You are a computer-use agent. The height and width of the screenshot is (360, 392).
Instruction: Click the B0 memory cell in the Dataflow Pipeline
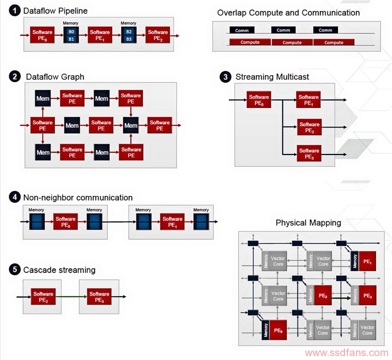point(71,31)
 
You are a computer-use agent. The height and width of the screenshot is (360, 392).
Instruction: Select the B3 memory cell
point(129,39)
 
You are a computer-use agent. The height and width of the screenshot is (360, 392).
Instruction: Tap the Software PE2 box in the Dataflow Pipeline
point(158,35)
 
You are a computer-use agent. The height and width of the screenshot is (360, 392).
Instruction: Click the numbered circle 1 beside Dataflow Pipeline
point(15,11)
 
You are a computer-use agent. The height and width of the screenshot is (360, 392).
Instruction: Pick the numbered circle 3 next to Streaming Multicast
point(225,77)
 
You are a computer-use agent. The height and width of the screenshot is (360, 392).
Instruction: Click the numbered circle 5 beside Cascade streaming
point(15,270)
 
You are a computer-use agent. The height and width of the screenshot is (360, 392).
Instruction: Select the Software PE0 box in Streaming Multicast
point(259,100)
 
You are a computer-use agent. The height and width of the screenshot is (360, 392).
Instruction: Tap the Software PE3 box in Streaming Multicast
point(309,153)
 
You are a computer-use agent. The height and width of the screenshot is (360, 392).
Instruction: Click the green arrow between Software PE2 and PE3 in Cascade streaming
point(71,297)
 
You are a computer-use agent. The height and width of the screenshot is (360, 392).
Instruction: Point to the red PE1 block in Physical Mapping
point(367,261)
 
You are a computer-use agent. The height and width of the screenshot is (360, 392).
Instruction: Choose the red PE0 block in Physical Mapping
point(278,330)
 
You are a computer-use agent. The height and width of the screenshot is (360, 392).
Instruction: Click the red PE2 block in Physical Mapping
point(323,295)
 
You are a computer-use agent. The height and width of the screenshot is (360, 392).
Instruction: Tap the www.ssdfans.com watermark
point(347,353)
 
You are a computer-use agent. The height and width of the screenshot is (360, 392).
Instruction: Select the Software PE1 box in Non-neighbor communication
point(172,222)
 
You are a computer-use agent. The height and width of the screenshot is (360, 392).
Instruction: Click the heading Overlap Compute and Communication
point(289,13)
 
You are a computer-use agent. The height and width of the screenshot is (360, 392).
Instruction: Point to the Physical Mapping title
point(308,223)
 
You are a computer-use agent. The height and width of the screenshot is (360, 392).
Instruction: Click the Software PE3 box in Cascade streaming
point(99,296)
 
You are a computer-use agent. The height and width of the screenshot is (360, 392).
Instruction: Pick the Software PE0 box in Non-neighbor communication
point(65,222)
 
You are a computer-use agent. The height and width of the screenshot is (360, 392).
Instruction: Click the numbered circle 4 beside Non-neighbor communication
point(15,197)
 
